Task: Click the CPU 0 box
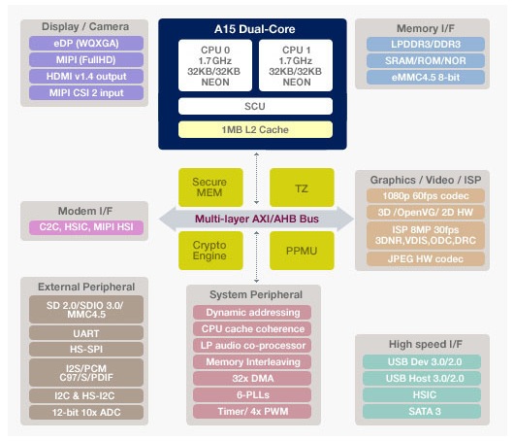[x=215, y=65]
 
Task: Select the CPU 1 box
[x=296, y=65]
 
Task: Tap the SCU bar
[x=255, y=106]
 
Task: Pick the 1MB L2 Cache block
[x=255, y=129]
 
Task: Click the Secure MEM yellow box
[x=210, y=187]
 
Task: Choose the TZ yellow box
[x=302, y=187]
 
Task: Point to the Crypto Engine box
[x=210, y=251]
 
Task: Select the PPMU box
[x=302, y=251]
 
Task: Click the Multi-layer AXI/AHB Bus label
[x=257, y=219]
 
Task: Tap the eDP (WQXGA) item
[x=86, y=44]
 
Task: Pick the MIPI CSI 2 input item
[x=86, y=92]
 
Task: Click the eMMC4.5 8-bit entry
[x=426, y=77]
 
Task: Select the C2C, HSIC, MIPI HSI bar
[x=86, y=227]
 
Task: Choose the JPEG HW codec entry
[x=426, y=258]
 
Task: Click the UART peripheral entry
[x=86, y=333]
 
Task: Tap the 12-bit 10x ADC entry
[x=86, y=412]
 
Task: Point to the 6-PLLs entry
[x=252, y=394]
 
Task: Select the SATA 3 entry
[x=422, y=412]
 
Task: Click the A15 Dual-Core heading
[x=255, y=29]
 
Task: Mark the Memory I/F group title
[x=426, y=28]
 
